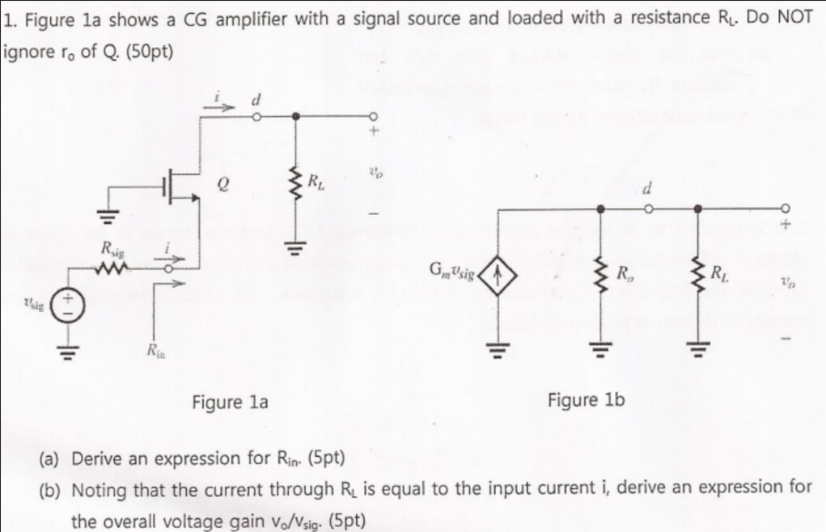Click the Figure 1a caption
coord(230,402)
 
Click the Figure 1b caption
coord(586,400)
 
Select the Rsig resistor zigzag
coord(110,267)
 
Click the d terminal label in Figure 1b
coord(646,191)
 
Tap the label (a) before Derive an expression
coord(52,459)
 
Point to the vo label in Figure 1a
coord(373,171)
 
